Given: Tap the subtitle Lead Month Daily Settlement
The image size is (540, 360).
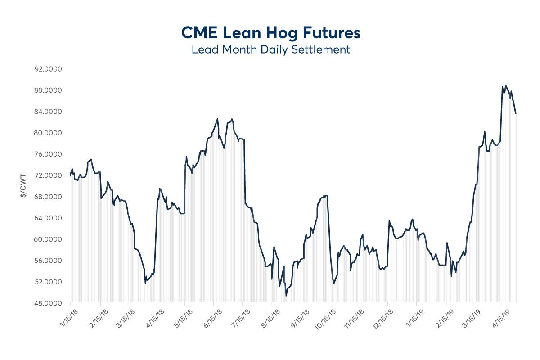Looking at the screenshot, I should coord(270,49).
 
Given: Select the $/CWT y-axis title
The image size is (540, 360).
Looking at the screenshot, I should coord(22,186).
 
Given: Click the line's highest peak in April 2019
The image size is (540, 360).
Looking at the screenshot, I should coord(506,85).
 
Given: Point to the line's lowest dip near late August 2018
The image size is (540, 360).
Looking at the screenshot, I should coord(286,296).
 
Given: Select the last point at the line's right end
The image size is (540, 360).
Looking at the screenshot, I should coord(516,113).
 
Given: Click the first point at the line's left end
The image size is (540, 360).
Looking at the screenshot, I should coord(71,176).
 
